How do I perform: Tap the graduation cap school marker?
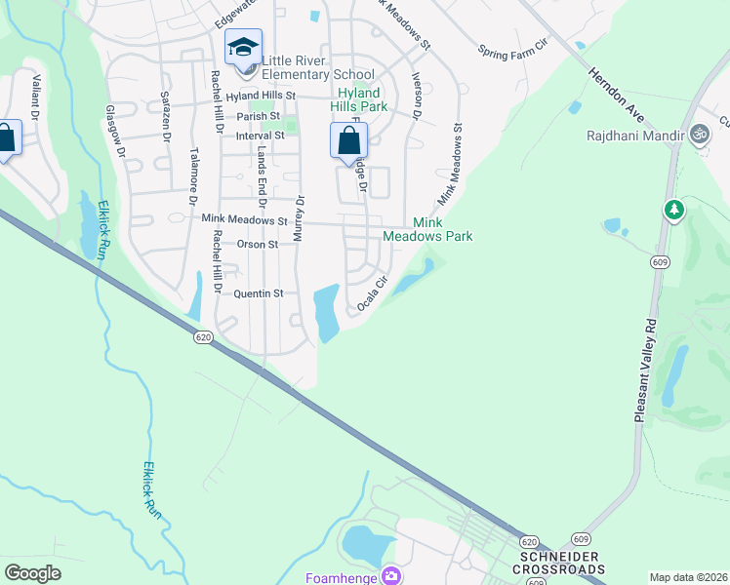tap(243, 46)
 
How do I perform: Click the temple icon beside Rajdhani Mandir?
tap(699, 134)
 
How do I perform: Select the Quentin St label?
tap(258, 292)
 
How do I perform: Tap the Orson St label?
tap(258, 245)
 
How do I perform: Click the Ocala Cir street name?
tap(373, 292)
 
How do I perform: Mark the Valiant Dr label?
tap(35, 97)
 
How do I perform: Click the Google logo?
tap(32, 572)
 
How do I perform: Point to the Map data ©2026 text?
tap(688, 577)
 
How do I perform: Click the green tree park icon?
tap(673, 210)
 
